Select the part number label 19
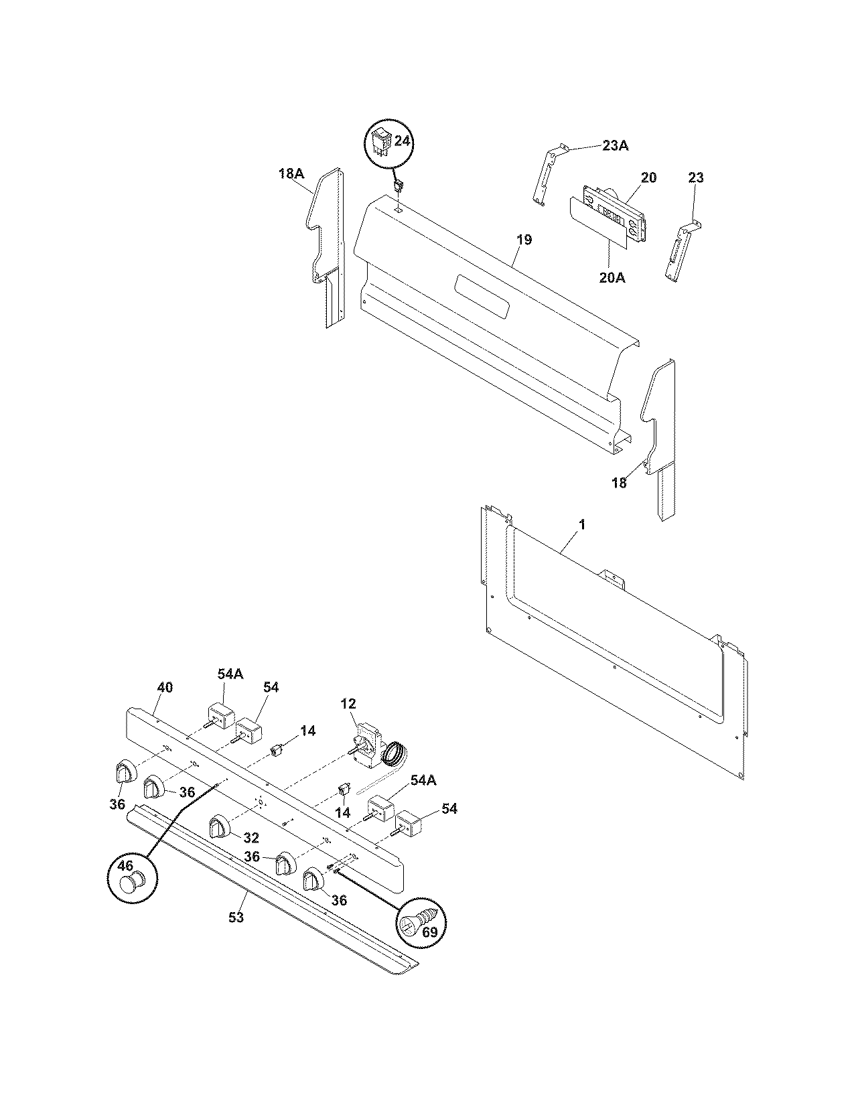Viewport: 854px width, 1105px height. pos(524,240)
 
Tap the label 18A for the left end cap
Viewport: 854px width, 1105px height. pos(291,174)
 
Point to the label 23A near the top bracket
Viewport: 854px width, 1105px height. pos(615,146)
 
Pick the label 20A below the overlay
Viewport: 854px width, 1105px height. pos(612,277)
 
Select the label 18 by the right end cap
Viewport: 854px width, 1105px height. pos(620,482)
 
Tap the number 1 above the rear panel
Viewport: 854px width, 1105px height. pos(581,525)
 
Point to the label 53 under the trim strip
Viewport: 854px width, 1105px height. pos(236,917)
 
